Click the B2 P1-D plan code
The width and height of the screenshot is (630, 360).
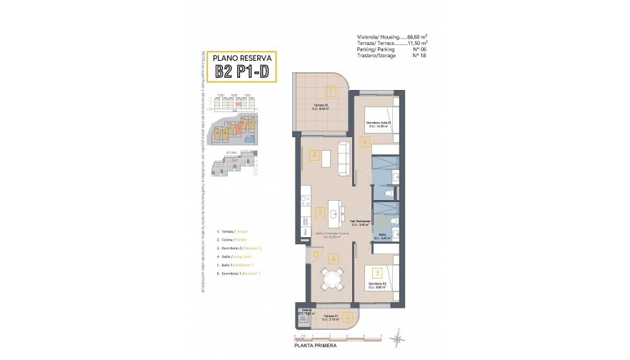click(237, 72)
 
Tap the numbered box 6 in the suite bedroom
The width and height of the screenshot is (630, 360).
click(364, 142)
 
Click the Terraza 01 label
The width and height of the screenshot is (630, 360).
click(329, 316)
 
